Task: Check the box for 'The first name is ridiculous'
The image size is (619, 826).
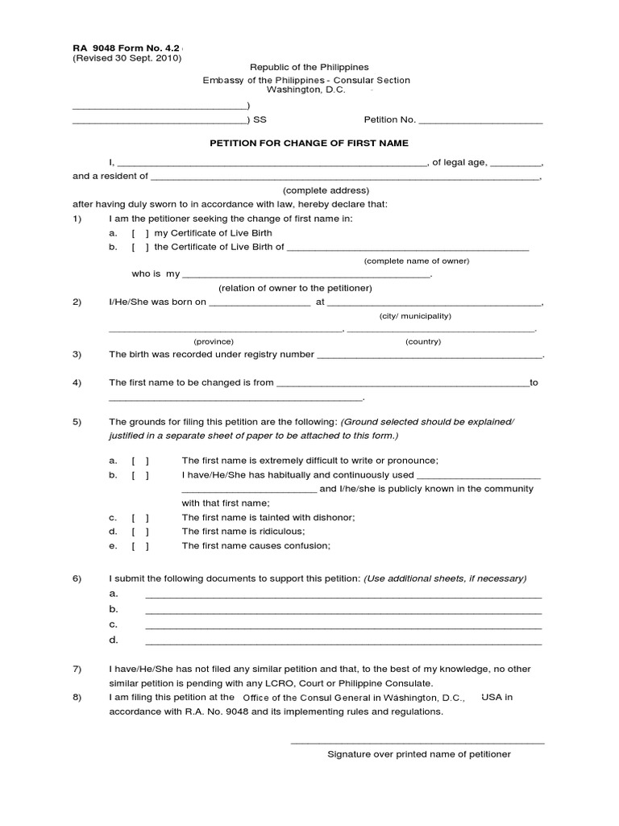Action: coord(140,532)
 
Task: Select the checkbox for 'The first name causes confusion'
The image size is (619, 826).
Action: coord(140,546)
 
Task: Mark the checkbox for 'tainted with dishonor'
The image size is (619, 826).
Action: coord(140,517)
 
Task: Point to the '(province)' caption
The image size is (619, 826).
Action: coord(214,341)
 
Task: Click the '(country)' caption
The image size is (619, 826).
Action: coord(423,341)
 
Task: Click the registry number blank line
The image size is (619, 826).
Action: coord(430,356)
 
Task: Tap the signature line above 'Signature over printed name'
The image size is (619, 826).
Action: coord(418,742)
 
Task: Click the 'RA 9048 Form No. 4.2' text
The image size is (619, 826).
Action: coord(126,46)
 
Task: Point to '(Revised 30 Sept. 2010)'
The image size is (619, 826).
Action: coord(127,58)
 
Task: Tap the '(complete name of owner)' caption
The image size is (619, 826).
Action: coord(416,261)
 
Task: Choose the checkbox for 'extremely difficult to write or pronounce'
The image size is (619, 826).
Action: coord(140,461)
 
